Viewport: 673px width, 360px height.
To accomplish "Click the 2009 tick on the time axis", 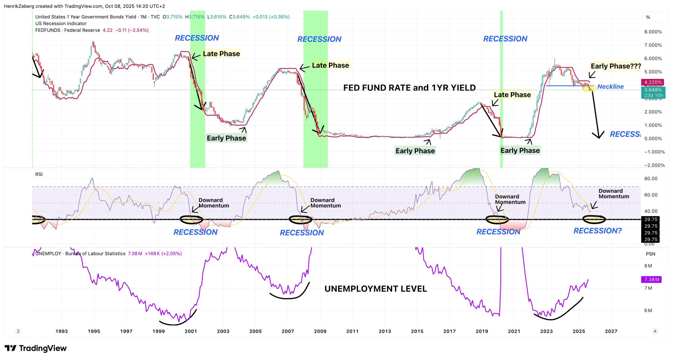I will [x=320, y=331].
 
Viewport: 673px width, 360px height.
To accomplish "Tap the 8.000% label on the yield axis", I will [x=653, y=32].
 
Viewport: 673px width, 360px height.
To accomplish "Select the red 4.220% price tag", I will [x=653, y=82].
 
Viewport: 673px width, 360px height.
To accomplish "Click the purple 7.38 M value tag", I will [x=651, y=279].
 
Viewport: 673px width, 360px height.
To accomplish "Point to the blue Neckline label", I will [x=610, y=87].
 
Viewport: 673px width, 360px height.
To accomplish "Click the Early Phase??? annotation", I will [x=615, y=66].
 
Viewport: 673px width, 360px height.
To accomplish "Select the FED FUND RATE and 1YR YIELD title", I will [x=409, y=88].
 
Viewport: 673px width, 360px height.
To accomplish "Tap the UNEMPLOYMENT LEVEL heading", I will [x=375, y=289].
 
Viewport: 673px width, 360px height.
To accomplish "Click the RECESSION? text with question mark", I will [x=597, y=231].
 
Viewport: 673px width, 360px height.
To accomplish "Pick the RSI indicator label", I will [x=39, y=174].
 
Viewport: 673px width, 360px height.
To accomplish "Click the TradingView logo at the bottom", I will [x=36, y=348].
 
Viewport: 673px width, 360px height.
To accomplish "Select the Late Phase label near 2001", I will [x=221, y=54].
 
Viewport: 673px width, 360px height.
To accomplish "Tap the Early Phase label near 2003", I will [x=226, y=138].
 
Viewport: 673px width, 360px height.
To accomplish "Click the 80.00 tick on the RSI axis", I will [x=651, y=179].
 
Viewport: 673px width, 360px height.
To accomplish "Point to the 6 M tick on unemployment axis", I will [x=648, y=310].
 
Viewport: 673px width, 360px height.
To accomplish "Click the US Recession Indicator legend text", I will [x=61, y=23].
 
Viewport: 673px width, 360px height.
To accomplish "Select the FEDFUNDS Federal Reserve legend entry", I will [x=68, y=30].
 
